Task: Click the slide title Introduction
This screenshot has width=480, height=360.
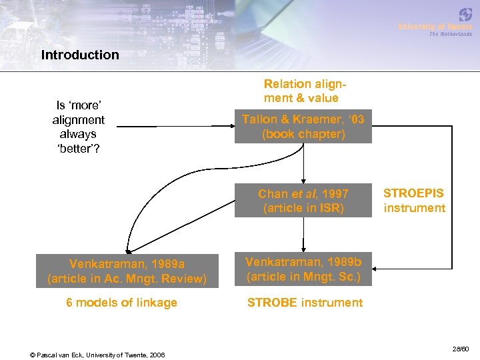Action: (80, 55)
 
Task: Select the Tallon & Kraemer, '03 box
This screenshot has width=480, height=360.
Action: (303, 127)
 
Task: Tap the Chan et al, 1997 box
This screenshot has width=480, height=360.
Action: (303, 201)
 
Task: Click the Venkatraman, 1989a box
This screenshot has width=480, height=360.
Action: (127, 271)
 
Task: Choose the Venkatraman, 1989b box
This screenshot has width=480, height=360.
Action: (303, 270)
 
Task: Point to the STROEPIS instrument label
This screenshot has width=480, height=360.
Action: (414, 201)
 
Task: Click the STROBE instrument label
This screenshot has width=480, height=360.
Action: (305, 303)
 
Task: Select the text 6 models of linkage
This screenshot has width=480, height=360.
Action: (121, 303)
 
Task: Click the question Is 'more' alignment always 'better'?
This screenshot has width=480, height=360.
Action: (79, 126)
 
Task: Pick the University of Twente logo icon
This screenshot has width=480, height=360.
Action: (465, 15)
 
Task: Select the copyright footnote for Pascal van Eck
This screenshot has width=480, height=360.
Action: (98, 354)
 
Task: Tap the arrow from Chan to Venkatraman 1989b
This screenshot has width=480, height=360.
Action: (303, 235)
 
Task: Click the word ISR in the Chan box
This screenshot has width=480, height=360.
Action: (331, 208)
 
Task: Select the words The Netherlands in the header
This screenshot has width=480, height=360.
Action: (450, 34)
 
